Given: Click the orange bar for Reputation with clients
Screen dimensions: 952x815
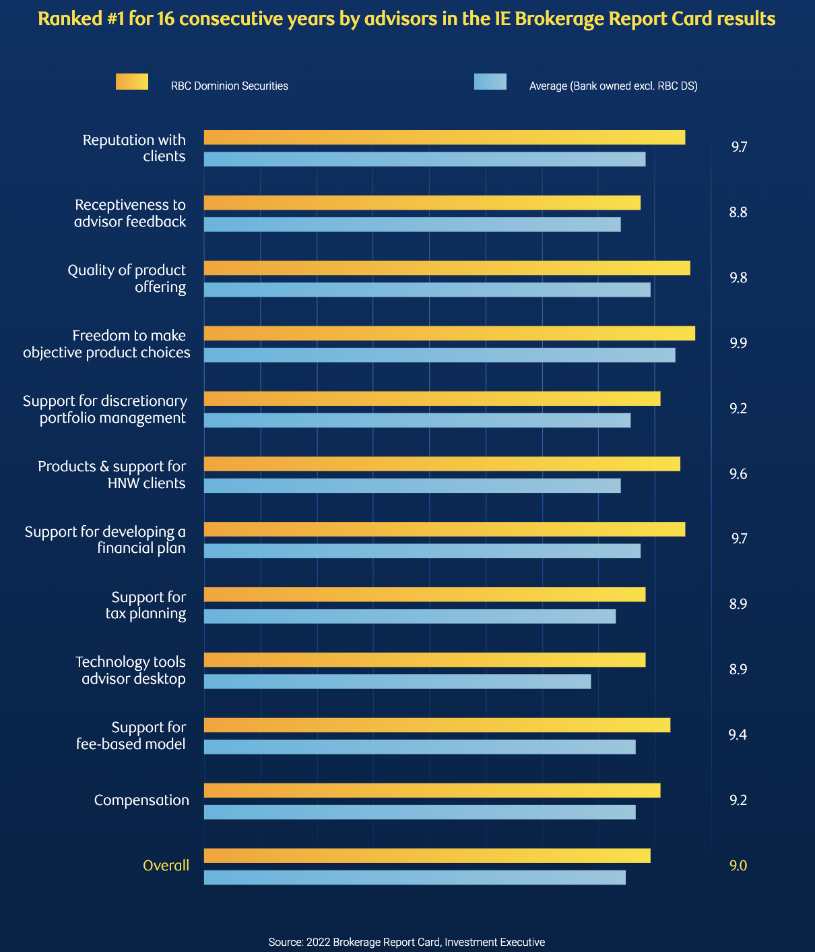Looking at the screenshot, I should (445, 138).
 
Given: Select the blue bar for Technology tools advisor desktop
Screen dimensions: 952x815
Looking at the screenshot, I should (397, 682).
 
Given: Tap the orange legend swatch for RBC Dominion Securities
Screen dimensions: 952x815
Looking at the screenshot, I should (132, 82).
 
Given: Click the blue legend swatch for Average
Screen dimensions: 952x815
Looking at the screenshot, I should (490, 82).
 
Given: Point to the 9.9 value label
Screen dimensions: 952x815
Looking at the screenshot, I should (738, 343).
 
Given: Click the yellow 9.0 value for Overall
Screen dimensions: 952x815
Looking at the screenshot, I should (738, 865).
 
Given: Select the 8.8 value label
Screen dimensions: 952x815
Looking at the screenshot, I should (738, 212).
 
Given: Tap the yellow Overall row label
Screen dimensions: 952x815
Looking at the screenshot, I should (166, 865).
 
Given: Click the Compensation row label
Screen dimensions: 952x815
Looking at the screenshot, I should (141, 800).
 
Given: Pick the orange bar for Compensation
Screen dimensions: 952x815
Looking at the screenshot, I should (432, 790).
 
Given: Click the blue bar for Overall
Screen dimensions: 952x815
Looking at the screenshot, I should (415, 877).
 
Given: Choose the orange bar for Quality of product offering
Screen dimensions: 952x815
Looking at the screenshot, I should (447, 268).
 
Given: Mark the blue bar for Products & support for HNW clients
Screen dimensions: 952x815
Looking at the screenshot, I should (412, 485).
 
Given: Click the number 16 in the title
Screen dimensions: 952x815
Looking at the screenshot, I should (166, 18).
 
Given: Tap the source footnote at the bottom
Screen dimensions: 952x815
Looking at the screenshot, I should (406, 942).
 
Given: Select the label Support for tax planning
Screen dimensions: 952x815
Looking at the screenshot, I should (146, 605).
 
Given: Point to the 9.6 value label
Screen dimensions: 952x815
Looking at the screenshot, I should (738, 474).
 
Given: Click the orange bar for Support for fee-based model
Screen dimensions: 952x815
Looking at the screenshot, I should (437, 725).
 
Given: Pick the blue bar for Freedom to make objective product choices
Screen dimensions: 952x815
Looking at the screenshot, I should (439, 355).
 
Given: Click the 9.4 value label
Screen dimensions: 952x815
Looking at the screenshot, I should (738, 735).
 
